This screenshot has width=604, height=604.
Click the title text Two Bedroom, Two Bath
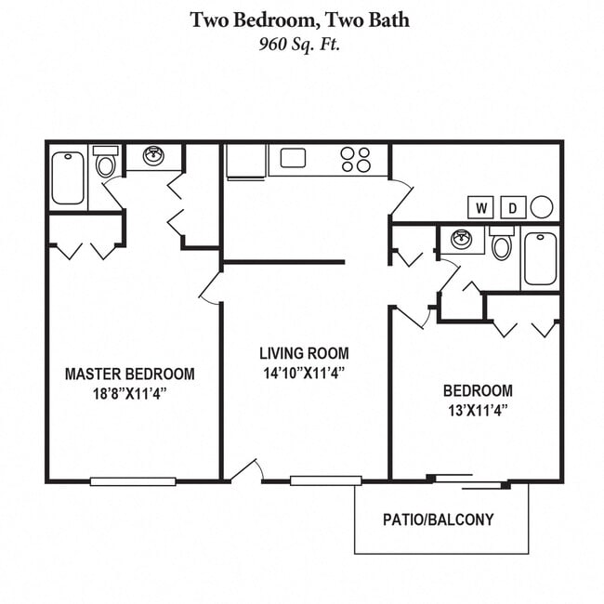coord(300,19)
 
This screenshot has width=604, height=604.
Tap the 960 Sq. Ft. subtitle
coord(300,43)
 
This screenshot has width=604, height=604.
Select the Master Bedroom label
coord(129,374)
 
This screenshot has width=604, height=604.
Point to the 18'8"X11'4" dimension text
coord(129,392)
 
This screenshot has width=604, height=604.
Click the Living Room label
coord(304,353)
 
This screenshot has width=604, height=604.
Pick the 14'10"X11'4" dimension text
coord(304,373)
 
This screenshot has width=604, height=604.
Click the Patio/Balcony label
coord(439,519)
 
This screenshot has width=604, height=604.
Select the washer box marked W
coord(481,207)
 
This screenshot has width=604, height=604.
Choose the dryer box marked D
coord(513,207)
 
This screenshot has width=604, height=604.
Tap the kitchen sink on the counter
coord(294,158)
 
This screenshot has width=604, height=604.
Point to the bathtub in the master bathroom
coord(68,177)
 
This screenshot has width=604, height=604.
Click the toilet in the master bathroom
coord(105,164)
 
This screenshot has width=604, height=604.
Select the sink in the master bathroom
coord(154,156)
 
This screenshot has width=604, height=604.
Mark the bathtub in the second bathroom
coord(540,257)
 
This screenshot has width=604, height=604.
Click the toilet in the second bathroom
coord(502,246)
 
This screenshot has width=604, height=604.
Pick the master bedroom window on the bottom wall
coord(133,480)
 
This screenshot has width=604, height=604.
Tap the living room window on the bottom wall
coord(325,480)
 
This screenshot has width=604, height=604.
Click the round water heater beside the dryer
coord(542,206)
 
